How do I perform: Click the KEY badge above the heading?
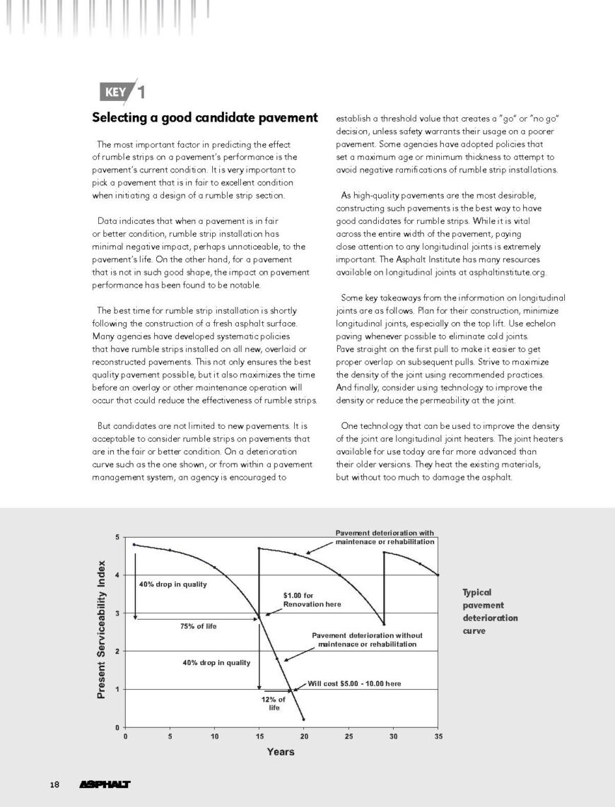[115, 92]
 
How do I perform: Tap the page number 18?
[55, 784]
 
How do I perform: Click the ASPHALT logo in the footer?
[106, 784]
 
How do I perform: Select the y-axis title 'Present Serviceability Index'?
[101, 631]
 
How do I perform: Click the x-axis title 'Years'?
[281, 752]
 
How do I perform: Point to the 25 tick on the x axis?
[348, 736]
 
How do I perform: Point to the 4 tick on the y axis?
[117, 575]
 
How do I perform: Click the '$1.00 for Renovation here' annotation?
[312, 600]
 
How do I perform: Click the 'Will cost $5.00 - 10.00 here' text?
[355, 683]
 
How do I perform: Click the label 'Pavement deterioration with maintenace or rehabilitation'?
[384, 536]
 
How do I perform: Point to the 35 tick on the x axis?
[438, 736]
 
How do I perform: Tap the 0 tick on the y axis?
[117, 726]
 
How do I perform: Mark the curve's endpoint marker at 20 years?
[304, 719]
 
